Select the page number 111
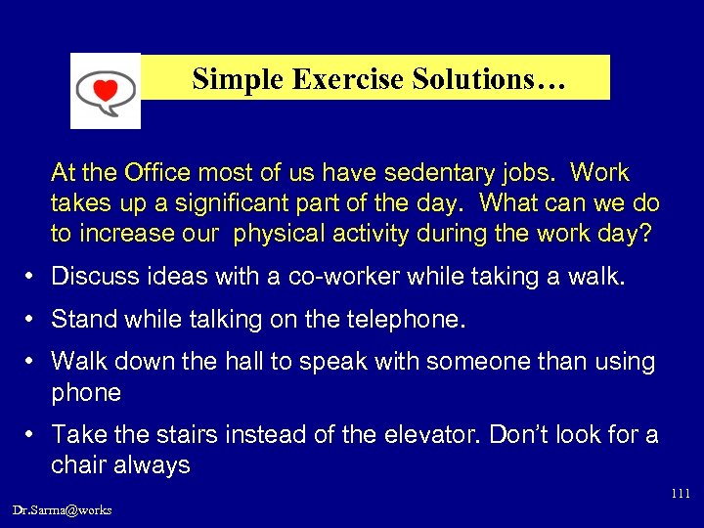[681, 494]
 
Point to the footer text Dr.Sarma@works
[63, 509]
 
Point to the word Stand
[81, 319]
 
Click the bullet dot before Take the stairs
[32, 434]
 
